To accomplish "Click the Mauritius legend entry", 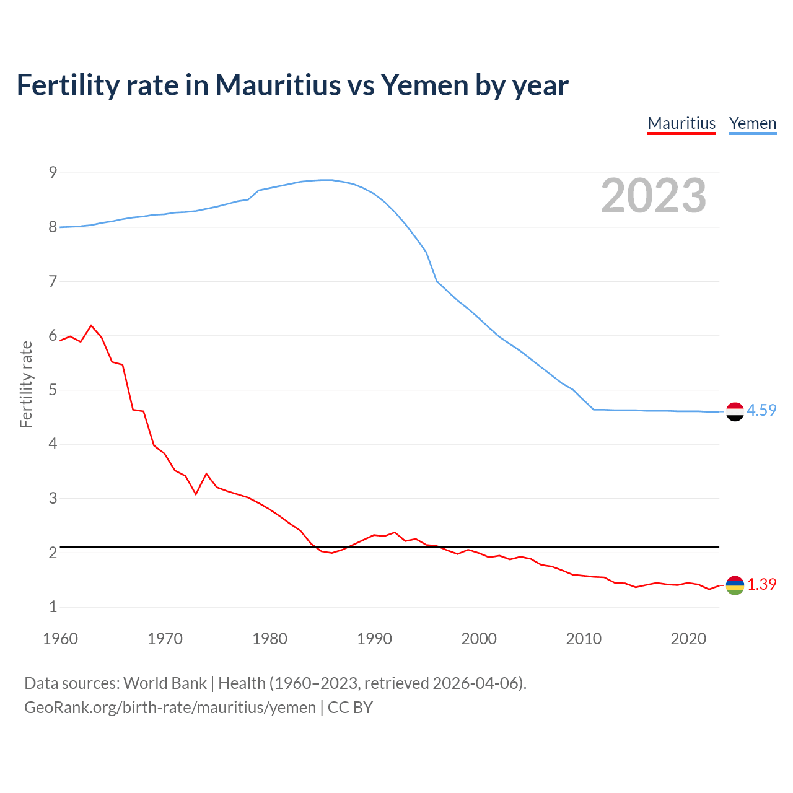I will tap(681, 123).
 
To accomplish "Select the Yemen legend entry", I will tap(752, 123).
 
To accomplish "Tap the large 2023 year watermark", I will tap(654, 196).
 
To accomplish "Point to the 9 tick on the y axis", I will tap(53, 172).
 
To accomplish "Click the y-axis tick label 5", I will tap(53, 390).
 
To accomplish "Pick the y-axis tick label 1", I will tap(53, 607).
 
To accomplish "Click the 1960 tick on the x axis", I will tap(60, 639).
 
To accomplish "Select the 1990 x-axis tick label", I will tap(374, 639).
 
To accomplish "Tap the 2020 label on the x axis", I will tap(688, 639).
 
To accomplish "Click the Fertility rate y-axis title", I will tap(26, 384).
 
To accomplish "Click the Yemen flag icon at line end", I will tap(734, 411).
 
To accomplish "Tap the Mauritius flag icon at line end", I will tap(734, 585).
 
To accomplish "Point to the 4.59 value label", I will tap(761, 410).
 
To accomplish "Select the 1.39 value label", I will tap(761, 584).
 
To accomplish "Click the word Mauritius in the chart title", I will tap(278, 85).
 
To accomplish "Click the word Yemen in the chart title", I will tap(424, 85).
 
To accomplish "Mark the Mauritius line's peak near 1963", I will tap(92, 325).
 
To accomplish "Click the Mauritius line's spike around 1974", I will tap(206, 474).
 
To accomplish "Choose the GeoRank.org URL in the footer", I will tap(170, 708).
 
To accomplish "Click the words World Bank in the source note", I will tap(165, 683).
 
